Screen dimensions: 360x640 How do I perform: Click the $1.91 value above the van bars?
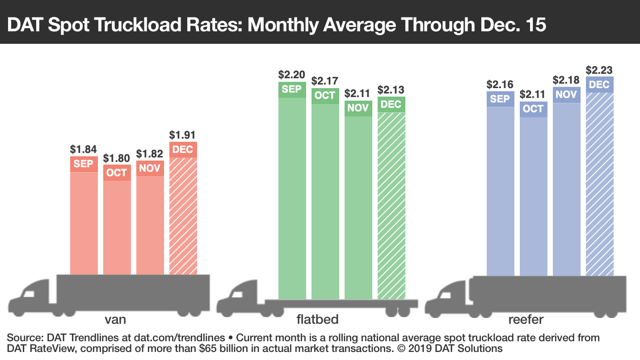coord(182,135)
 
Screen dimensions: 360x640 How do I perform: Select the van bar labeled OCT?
coord(117,224)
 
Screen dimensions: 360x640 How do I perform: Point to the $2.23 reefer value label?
coord(599,70)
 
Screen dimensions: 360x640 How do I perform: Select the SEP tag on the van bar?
coord(84,164)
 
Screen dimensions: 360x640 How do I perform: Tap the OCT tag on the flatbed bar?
coord(325,96)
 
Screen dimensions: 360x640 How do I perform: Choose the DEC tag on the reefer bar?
coord(599,85)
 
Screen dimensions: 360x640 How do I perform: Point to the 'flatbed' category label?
coord(317,319)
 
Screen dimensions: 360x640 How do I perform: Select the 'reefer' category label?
coord(526,319)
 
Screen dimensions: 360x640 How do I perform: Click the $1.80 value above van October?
coord(117,158)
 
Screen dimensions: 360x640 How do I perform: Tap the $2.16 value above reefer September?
coord(500,85)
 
